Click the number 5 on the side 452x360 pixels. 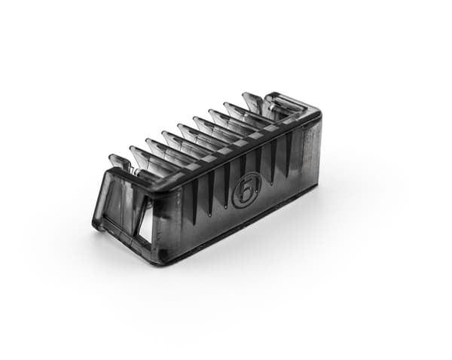pyautogui.click(x=246, y=191)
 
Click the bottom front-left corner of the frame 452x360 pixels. pyautogui.click(x=95, y=225)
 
